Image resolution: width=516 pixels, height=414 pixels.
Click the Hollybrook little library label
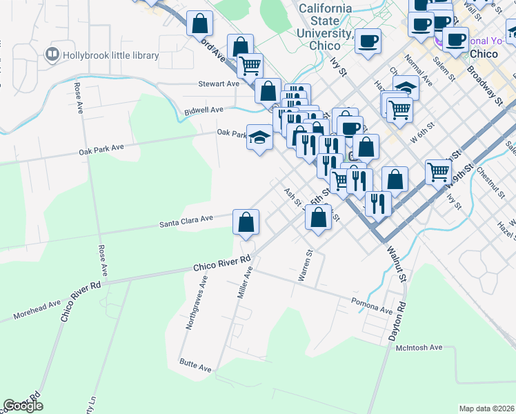[110, 55]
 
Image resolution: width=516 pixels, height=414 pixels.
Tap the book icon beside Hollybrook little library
[51, 54]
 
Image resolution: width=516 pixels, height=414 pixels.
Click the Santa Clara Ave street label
[186, 220]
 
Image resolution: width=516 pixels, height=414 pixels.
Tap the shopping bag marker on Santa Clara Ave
[246, 222]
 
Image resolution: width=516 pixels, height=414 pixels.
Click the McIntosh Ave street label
[419, 348]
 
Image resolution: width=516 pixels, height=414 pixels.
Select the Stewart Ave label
[218, 83]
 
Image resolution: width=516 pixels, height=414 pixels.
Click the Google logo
[23, 406]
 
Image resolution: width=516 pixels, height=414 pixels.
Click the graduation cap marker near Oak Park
[260, 138]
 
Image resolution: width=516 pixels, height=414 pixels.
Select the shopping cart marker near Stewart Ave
[250, 66]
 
